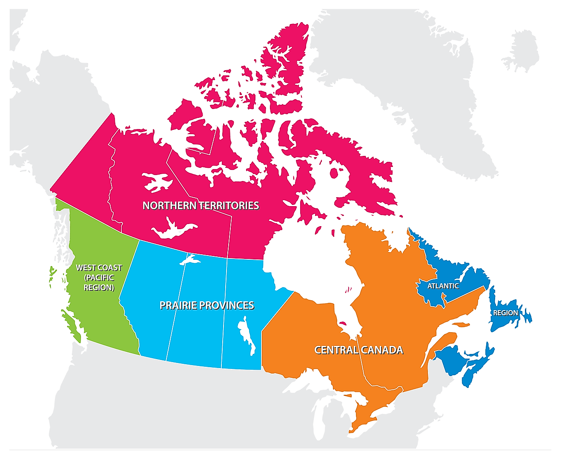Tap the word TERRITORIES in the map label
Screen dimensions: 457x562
(230, 206)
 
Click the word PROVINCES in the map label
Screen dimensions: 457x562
(227, 305)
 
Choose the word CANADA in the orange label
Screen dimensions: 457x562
(381, 350)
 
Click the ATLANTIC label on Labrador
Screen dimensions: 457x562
(443, 286)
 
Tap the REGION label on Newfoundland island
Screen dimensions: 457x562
(505, 313)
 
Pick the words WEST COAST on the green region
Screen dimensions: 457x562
(99, 268)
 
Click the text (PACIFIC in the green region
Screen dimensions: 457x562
(99, 278)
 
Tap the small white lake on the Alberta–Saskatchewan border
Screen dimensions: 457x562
(189, 259)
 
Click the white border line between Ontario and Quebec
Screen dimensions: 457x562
(364, 362)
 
